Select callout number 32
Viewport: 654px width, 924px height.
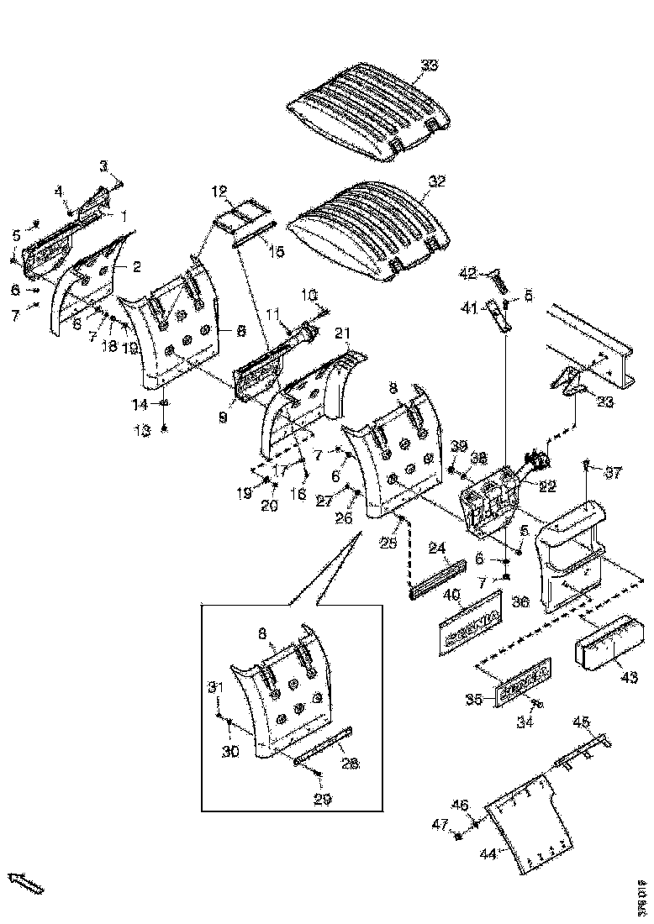[x=436, y=181]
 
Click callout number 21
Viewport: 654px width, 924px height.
[x=342, y=334]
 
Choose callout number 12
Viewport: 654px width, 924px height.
[x=219, y=192]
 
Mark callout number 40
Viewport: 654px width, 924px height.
[x=451, y=595]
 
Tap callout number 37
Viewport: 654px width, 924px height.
[x=613, y=474]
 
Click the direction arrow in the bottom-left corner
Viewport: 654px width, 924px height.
[x=25, y=882]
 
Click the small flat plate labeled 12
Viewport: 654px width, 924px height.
[x=240, y=215]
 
